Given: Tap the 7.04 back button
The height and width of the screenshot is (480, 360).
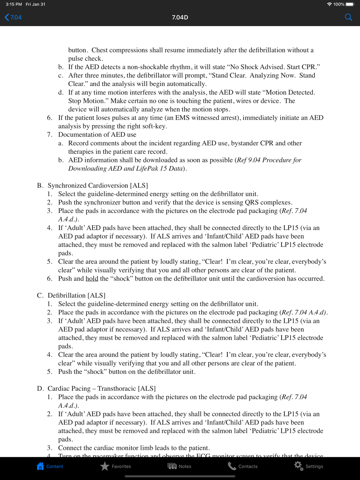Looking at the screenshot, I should pos(13,17).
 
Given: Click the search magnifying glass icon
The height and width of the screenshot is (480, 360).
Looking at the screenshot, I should pos(348,17).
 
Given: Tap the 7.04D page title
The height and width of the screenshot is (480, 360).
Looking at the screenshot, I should pos(180,17).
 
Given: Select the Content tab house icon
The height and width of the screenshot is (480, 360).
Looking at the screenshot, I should pos(40,466).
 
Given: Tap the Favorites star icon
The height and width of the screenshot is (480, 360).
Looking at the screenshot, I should pos(105,466).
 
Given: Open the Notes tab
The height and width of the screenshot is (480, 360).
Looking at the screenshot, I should pos(179,466).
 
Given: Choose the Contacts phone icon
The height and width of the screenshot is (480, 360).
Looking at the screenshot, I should pos(232,466).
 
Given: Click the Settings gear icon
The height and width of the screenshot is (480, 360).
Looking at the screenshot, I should pos(298,466).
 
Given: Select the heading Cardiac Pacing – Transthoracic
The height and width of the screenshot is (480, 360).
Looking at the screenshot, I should pos(102,389).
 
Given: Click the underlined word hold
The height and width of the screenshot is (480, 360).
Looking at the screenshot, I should pos(92,279).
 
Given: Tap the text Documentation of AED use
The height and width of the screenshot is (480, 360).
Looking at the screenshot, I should pos(97,135).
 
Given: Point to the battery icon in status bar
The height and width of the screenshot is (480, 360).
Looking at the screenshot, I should pos(350,4).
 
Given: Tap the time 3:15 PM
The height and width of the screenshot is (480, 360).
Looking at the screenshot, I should pos(14,4).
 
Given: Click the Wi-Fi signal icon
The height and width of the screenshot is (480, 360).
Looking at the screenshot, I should pos(329,4).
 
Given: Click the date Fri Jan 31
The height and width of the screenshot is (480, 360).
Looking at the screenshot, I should pos(36,4).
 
